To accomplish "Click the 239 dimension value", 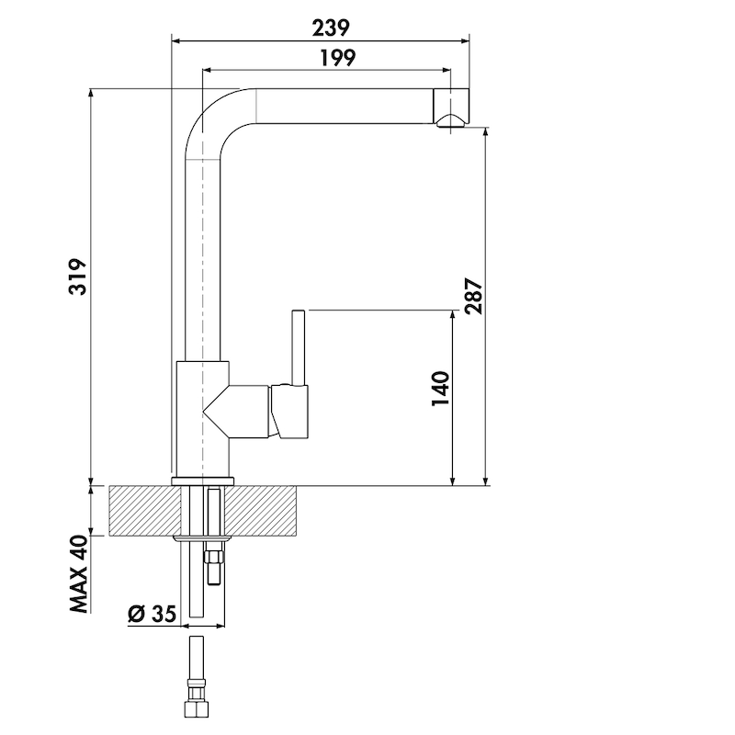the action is (x=331, y=28).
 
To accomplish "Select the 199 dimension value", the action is (x=338, y=58).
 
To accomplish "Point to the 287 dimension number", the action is (x=473, y=296).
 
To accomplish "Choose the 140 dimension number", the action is (x=441, y=389).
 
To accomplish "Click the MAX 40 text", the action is (x=79, y=573).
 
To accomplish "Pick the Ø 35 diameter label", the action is (x=152, y=614).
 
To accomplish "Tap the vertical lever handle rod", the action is (x=298, y=348).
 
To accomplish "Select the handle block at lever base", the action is (x=289, y=412).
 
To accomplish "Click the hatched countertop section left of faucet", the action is (x=145, y=511).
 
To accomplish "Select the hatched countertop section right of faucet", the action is (x=261, y=511).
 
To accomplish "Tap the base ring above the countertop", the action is (x=202, y=481).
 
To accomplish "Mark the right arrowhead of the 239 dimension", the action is (x=465, y=40).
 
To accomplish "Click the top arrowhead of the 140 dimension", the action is (x=452, y=315).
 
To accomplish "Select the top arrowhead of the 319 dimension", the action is (x=91, y=94).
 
